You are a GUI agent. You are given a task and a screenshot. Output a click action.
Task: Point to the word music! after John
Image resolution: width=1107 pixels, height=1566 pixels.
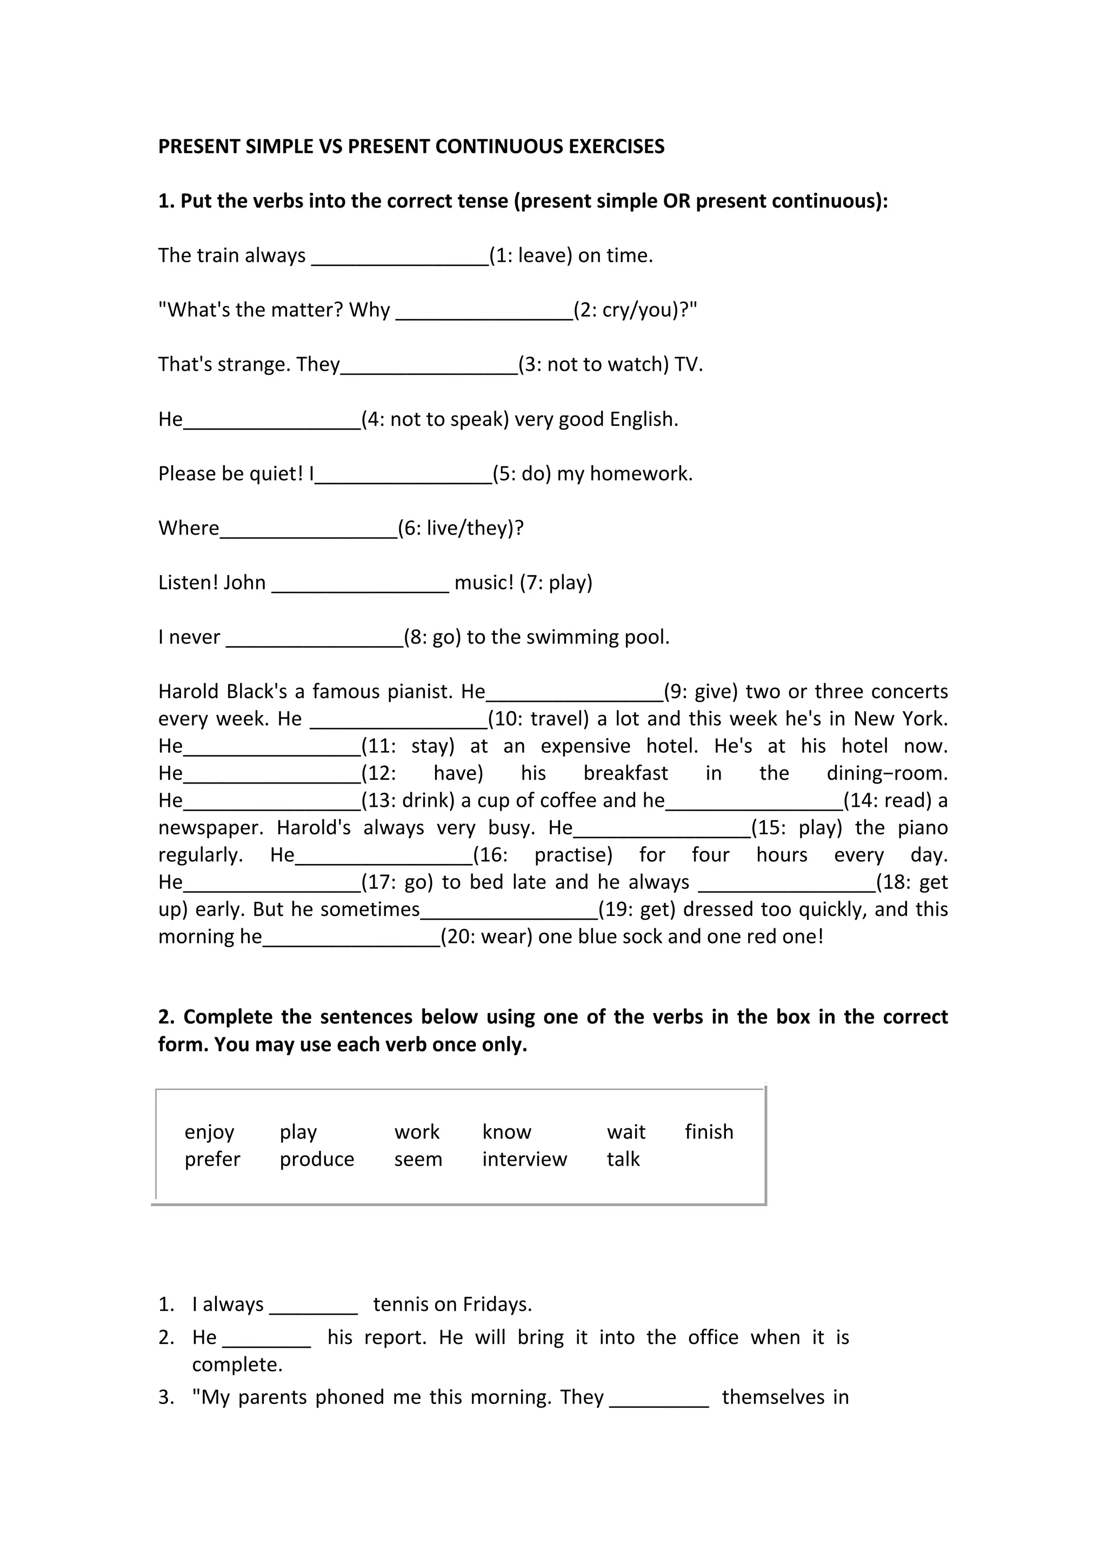click(x=484, y=583)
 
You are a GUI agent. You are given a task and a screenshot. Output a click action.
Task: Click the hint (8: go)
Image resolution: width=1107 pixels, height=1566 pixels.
click(x=432, y=637)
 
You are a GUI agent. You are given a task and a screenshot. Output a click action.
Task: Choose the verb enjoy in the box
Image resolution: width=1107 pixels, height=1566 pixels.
click(x=209, y=1132)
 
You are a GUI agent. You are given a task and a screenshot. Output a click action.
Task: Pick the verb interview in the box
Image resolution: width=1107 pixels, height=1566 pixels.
click(x=524, y=1160)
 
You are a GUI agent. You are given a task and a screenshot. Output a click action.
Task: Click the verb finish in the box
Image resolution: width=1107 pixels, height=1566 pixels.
click(x=709, y=1132)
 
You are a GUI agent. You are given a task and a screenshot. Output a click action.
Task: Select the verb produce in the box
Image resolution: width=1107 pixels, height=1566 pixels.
click(x=317, y=1160)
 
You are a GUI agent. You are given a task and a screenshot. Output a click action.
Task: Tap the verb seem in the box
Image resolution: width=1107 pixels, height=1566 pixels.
click(x=418, y=1160)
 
